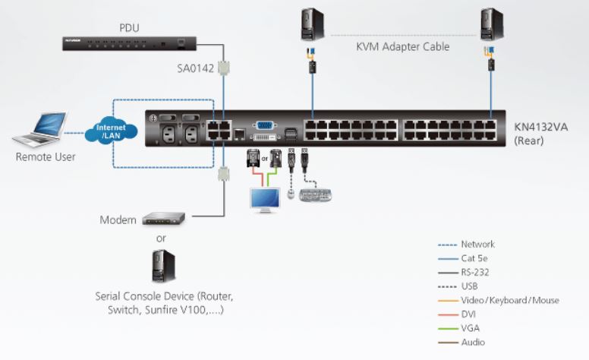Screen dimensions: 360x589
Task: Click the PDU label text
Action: click(129, 29)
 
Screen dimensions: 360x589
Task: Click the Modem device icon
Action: click(163, 219)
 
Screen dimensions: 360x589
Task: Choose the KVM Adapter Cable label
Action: click(402, 47)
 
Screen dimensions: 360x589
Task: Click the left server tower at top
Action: click(310, 24)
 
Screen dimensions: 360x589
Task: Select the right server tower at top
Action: click(491, 24)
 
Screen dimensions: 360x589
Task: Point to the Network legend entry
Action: click(477, 245)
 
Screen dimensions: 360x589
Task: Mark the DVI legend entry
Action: click(471, 314)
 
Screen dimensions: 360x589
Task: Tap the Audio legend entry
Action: click(474, 342)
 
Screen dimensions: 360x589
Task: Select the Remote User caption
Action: click(45, 157)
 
